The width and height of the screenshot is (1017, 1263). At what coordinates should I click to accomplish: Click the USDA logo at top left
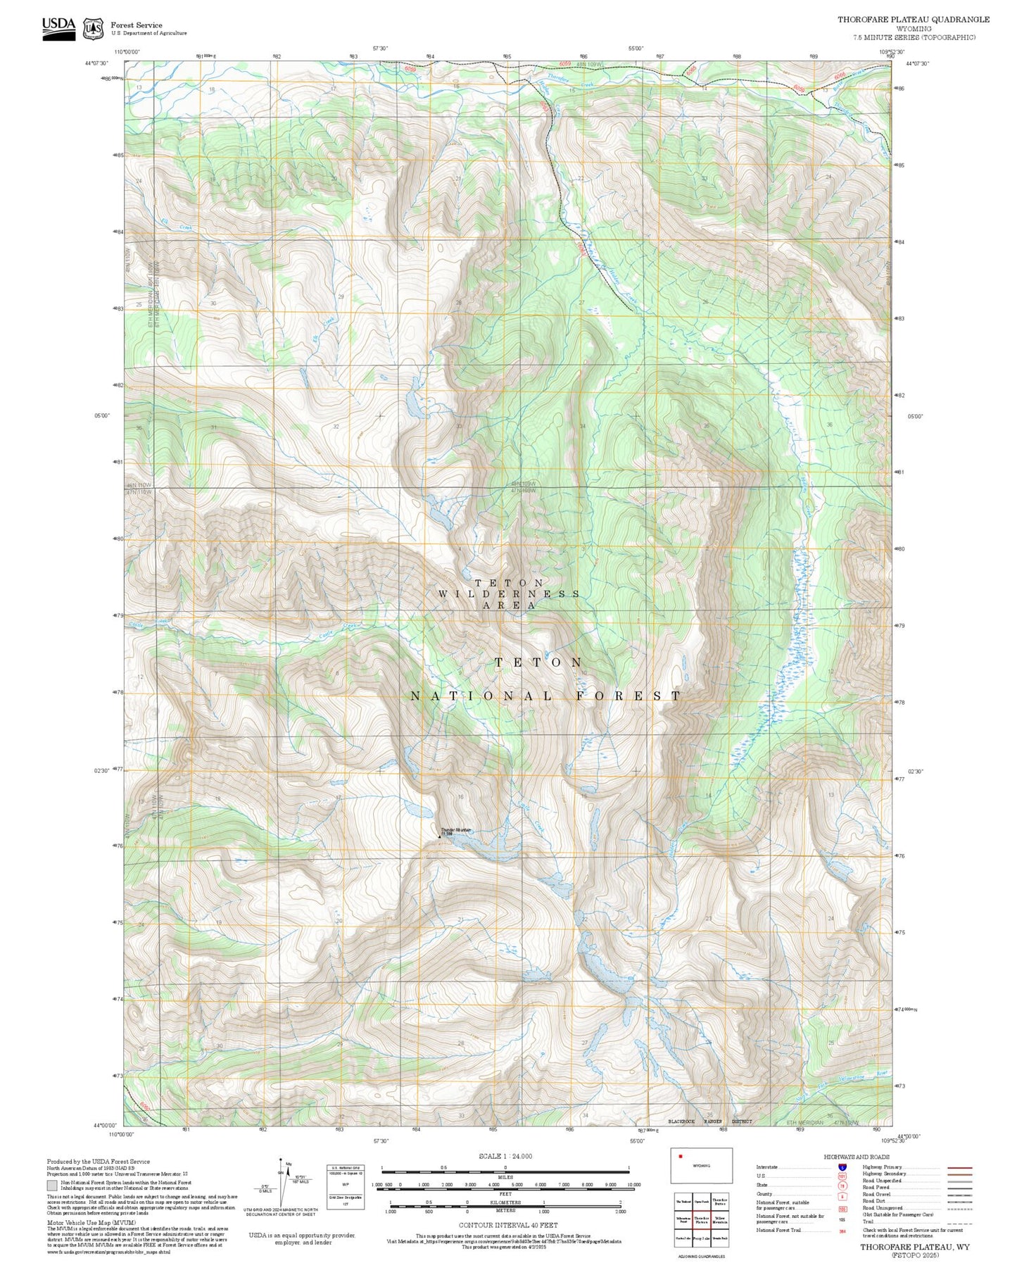(58, 28)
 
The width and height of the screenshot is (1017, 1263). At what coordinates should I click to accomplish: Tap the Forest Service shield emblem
(93, 29)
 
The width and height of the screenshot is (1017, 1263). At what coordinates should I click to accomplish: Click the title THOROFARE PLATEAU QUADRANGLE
(913, 20)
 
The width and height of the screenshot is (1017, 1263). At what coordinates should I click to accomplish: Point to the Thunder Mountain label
(456, 831)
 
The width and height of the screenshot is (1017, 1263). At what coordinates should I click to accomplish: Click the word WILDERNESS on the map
(508, 594)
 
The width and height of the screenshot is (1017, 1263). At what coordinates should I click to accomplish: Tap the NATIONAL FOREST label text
(545, 696)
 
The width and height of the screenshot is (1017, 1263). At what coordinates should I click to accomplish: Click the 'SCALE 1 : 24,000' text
(505, 1157)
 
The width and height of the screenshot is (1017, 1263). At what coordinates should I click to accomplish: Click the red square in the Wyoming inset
(681, 1156)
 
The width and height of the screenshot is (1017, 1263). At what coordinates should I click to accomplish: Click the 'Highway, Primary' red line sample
(959, 1167)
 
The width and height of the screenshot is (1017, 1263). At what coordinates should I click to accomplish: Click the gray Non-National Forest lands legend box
(52, 1185)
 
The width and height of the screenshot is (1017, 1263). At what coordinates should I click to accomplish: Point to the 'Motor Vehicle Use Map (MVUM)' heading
(91, 1224)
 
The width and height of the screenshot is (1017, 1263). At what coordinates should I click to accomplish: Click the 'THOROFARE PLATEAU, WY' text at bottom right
(914, 1247)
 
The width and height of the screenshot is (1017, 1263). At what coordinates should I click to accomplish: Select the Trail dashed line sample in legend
(959, 1222)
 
